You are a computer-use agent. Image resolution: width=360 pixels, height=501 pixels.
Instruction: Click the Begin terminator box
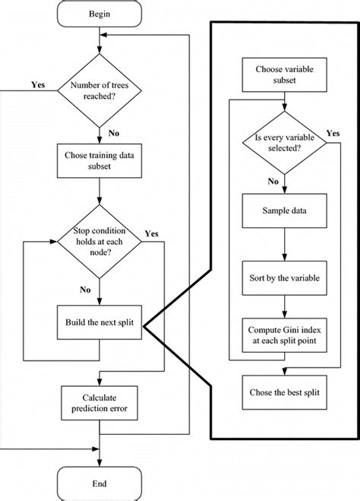coord(99,13)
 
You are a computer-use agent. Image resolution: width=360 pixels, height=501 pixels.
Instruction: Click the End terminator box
coord(99,483)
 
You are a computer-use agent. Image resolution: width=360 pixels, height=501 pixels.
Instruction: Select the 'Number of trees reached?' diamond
coord(99,92)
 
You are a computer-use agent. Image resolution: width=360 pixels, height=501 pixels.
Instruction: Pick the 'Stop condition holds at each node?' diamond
coord(99,243)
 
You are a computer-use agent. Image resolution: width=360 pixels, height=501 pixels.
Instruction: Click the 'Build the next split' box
coord(99,324)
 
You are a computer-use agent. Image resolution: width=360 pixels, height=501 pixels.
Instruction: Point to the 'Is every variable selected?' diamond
coord(283,144)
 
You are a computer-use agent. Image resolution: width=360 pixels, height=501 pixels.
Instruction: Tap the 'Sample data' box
coord(283,211)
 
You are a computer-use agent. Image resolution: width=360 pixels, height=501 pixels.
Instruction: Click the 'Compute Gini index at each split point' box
coord(283,335)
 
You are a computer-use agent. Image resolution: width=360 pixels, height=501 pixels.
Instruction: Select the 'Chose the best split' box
coord(283,393)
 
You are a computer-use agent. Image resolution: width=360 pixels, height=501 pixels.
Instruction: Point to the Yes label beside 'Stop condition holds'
coord(150,233)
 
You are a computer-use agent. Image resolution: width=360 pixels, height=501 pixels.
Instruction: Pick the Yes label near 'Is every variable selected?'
coord(332,132)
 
